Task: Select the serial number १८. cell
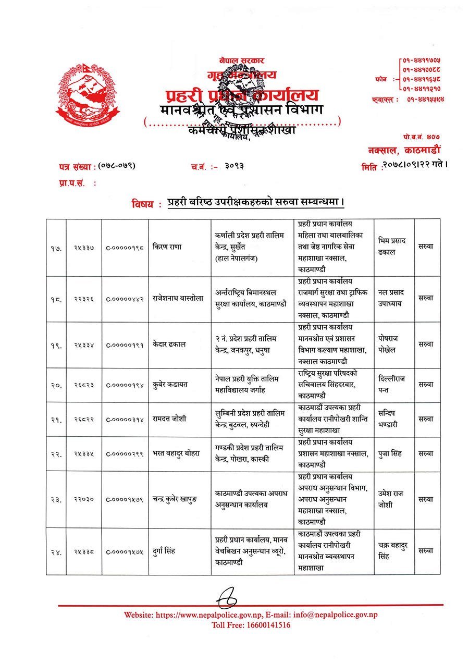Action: point(56,299)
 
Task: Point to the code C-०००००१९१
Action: point(125,345)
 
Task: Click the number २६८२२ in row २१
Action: point(83,419)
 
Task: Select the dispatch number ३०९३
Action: point(234,166)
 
